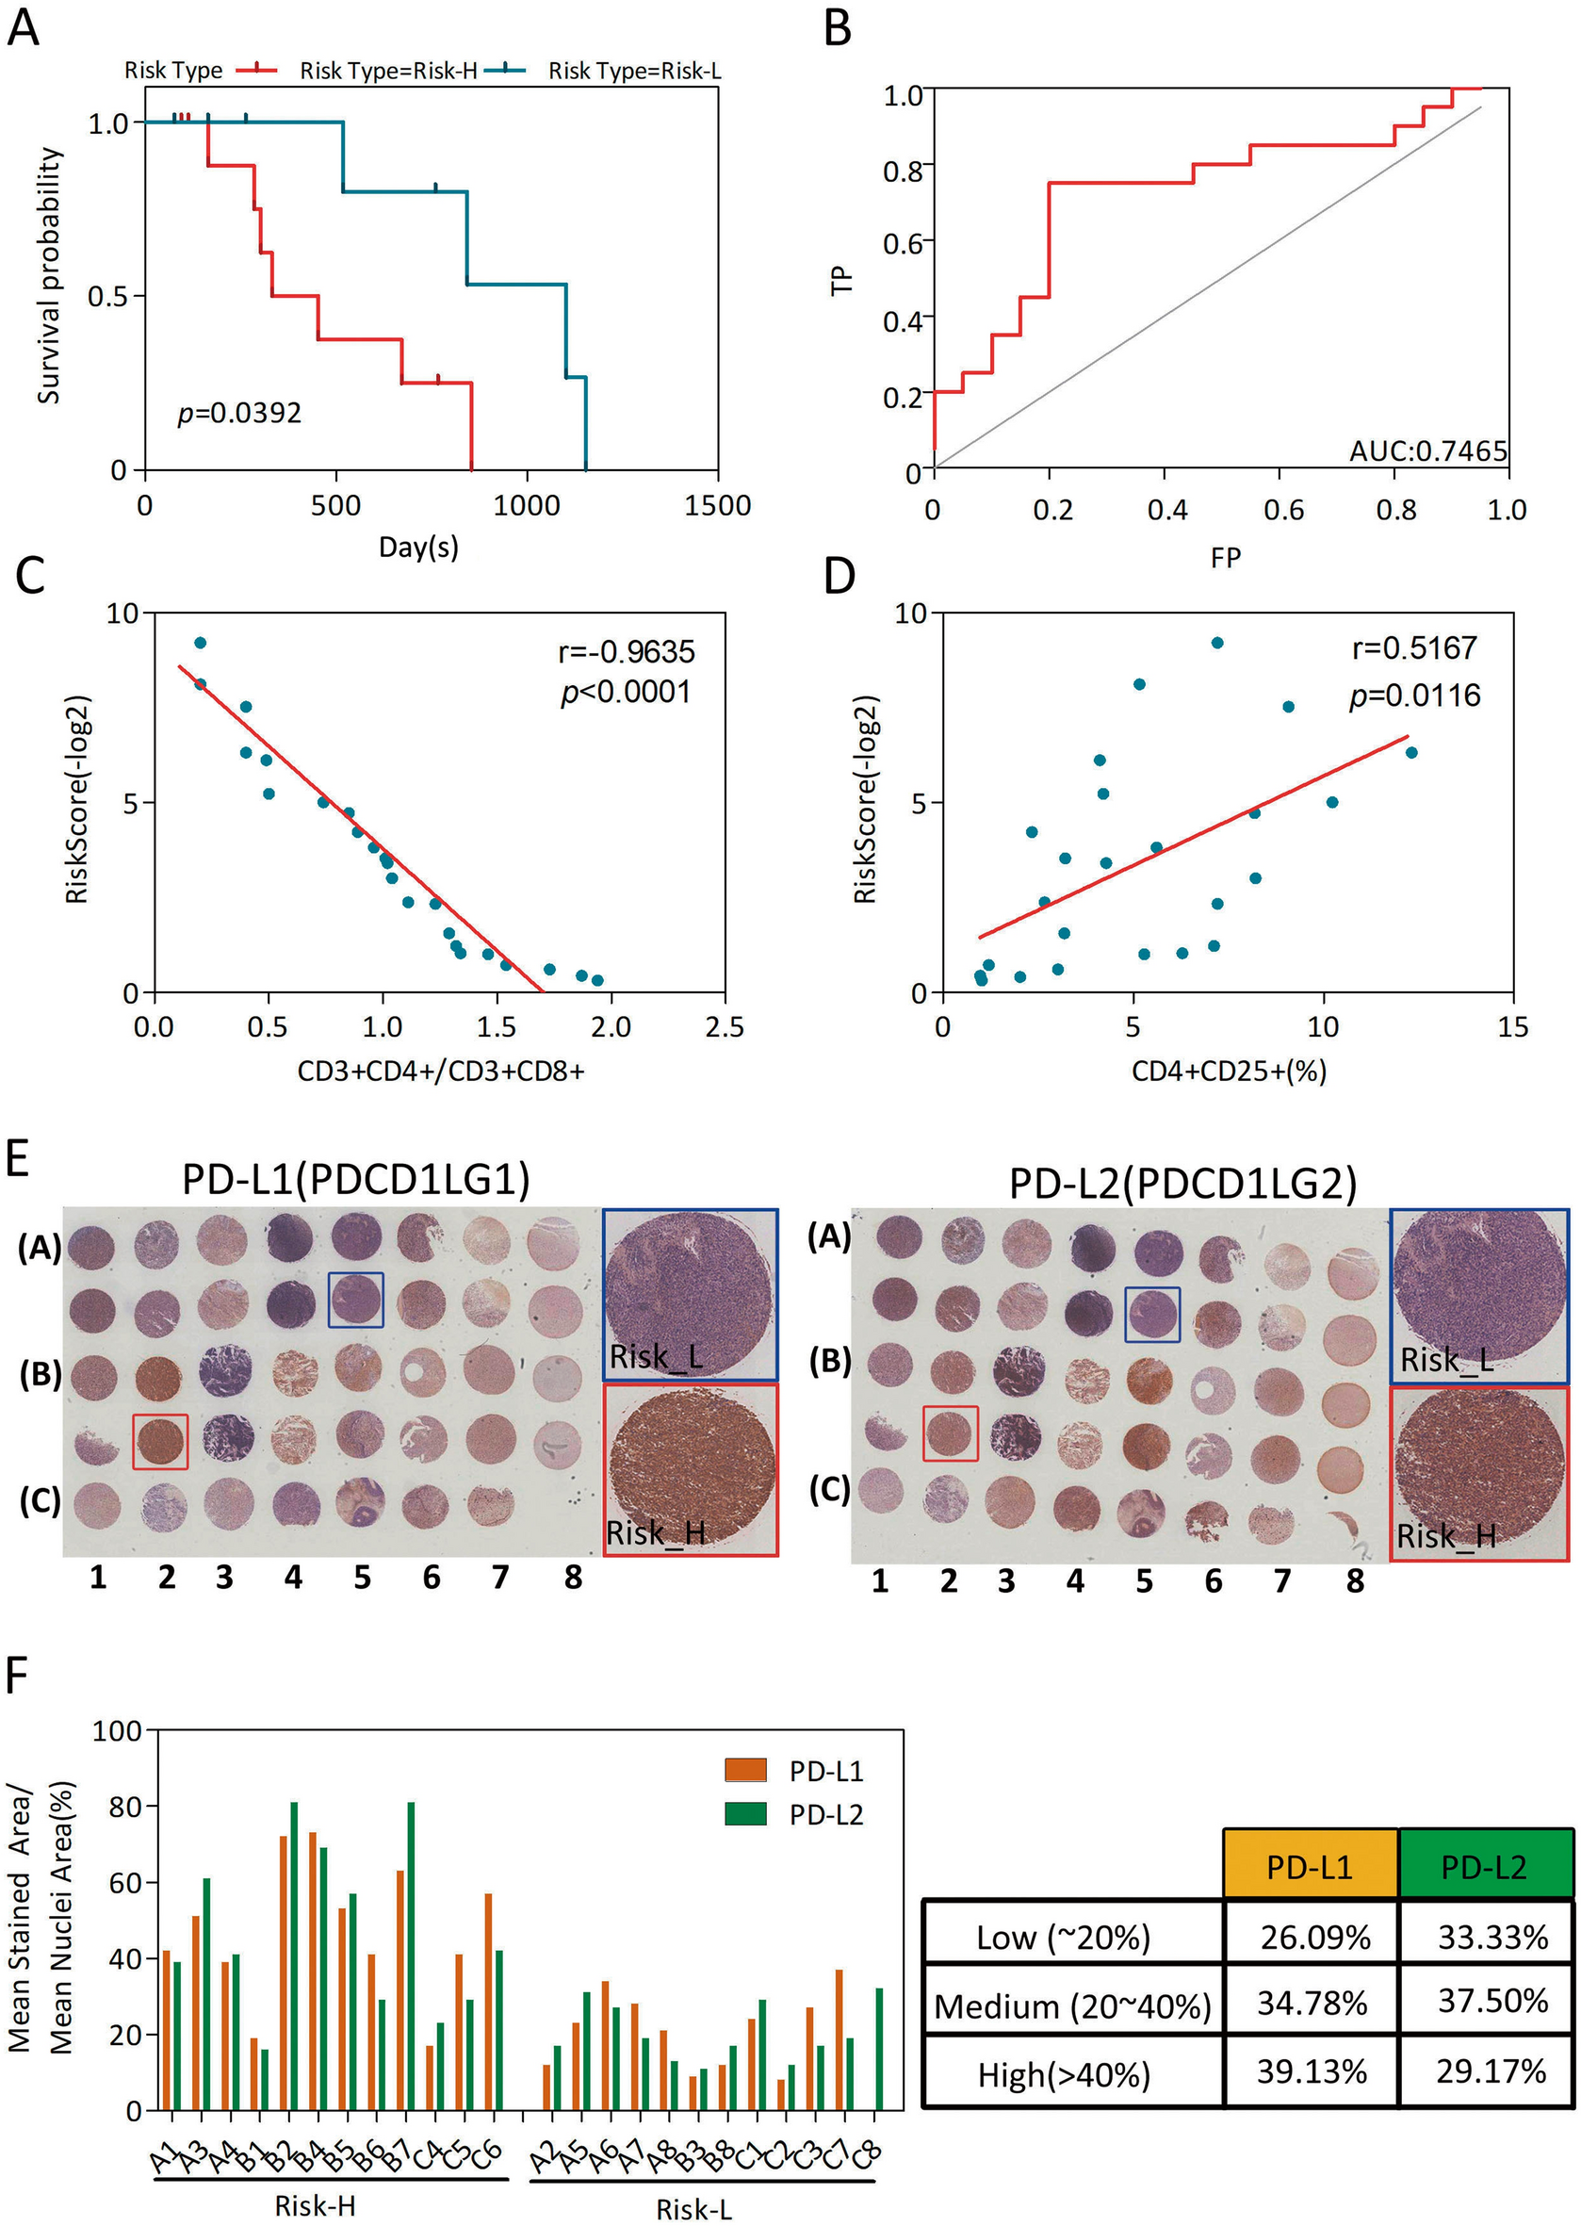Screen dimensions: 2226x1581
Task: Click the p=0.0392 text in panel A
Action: pos(239,414)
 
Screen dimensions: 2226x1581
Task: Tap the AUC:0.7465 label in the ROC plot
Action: pos(1427,450)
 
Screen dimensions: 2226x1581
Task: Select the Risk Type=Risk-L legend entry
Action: pos(634,71)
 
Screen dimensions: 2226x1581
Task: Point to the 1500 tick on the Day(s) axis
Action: pos(718,506)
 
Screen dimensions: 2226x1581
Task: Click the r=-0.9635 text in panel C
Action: pos(626,651)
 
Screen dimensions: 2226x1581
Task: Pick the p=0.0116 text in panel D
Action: pos(1414,696)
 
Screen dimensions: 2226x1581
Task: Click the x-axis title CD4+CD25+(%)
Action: pos(1229,1072)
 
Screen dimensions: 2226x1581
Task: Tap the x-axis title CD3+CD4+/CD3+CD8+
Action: pos(441,1072)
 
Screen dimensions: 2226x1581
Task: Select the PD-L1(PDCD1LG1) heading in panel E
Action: pos(356,1180)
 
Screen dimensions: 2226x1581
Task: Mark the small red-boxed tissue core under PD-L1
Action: pos(160,1441)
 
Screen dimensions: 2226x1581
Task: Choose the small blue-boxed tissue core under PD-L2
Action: pos(1151,1314)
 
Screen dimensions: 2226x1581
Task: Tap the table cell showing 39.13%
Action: pos(1312,2071)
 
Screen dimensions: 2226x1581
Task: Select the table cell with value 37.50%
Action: pos(1492,2001)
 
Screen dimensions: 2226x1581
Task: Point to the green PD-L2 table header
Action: pos(1485,1867)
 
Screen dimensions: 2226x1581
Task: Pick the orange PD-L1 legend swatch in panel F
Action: pos(744,1770)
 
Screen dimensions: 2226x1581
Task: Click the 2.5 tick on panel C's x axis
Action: pos(724,1027)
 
